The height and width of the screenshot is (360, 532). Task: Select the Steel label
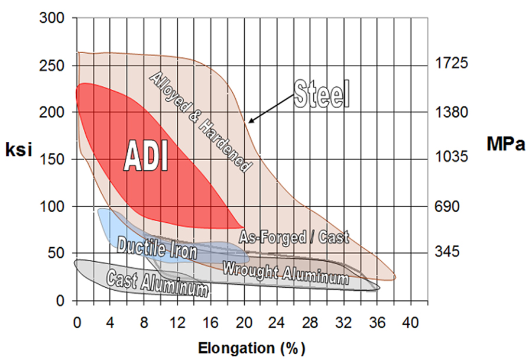[323, 95]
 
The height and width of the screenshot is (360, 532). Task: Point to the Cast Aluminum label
[157, 283]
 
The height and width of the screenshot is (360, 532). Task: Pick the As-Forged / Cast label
[294, 237]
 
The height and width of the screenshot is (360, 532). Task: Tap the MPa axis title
[506, 144]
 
